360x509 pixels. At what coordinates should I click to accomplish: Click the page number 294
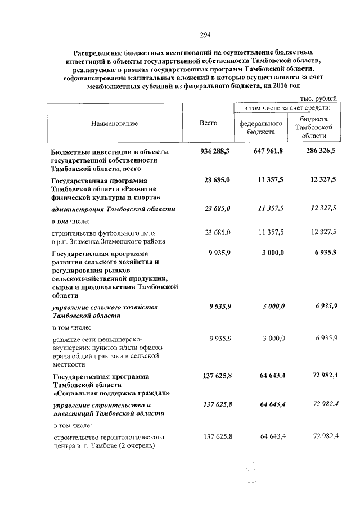[x=204, y=35]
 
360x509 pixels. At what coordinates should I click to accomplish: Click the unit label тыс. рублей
[x=320, y=98]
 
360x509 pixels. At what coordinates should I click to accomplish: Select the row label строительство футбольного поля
[x=104, y=232]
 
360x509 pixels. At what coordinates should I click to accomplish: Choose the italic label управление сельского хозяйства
[x=105, y=307]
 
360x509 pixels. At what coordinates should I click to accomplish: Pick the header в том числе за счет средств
[x=286, y=107]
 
